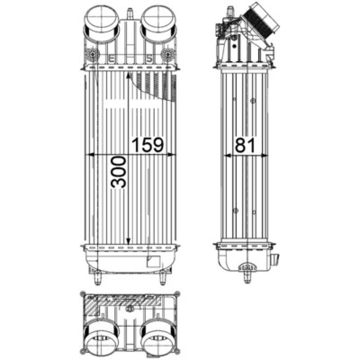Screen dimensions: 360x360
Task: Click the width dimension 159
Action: (x=147, y=145)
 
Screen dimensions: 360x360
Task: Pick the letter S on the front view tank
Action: (x=149, y=58)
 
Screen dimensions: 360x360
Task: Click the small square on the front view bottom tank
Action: (x=153, y=261)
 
